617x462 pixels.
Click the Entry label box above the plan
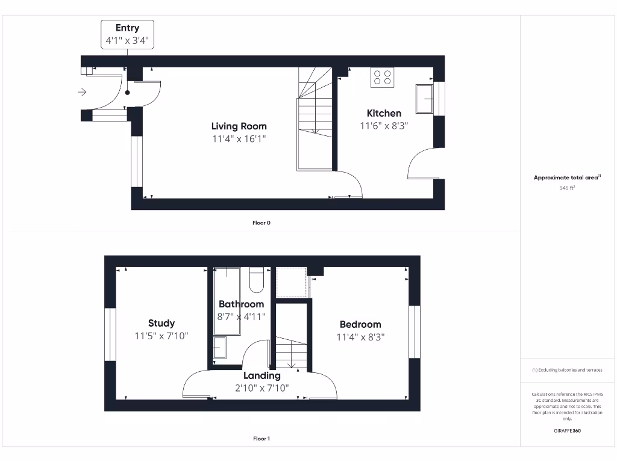tap(127, 34)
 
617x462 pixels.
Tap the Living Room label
tap(239, 126)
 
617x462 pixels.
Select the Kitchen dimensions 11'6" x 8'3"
tap(384, 126)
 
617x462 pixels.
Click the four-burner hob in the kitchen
tap(382, 78)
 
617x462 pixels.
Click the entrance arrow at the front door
tap(83, 92)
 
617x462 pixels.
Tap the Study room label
tap(161, 323)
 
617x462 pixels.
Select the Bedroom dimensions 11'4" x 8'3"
tap(360, 337)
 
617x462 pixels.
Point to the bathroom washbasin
tap(219, 348)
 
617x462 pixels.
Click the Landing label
tap(262, 375)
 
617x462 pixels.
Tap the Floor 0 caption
tap(262, 223)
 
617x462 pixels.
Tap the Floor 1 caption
tap(262, 439)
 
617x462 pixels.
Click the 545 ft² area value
tap(567, 188)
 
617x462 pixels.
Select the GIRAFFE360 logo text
tap(568, 431)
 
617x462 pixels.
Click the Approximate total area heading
tap(567, 177)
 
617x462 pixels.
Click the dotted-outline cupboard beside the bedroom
tap(292, 282)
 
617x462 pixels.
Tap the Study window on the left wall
tap(110, 334)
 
